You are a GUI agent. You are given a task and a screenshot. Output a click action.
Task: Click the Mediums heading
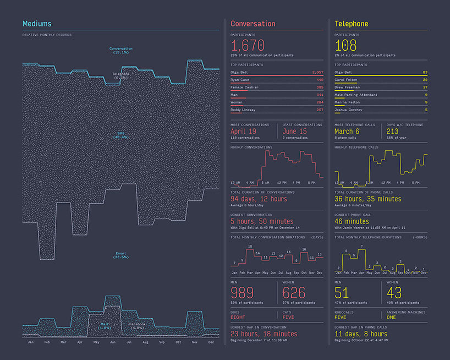point(37,24)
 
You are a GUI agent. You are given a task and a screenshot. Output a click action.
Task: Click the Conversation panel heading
point(253,24)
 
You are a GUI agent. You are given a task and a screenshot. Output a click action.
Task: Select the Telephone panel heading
point(352,24)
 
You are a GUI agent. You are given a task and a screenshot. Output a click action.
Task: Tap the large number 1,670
point(248,45)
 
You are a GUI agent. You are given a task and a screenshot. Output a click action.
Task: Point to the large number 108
point(345,45)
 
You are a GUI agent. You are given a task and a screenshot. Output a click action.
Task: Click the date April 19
point(243,131)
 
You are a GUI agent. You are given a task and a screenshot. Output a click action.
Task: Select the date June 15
point(294,131)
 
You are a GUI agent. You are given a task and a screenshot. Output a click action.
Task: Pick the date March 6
point(347,131)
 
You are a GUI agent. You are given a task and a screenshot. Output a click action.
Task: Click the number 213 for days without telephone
point(393,131)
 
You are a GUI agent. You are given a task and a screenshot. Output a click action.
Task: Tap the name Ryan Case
point(240,80)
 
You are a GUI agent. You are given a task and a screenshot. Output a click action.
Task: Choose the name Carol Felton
point(346,80)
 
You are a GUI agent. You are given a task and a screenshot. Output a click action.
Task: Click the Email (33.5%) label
point(120,255)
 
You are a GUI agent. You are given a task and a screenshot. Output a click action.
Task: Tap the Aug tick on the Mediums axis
point(145,342)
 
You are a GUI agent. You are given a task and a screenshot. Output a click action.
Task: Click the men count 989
point(242,292)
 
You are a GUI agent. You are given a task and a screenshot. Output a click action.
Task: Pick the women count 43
point(394,292)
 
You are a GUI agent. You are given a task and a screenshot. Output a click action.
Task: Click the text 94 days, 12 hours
point(259,199)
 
